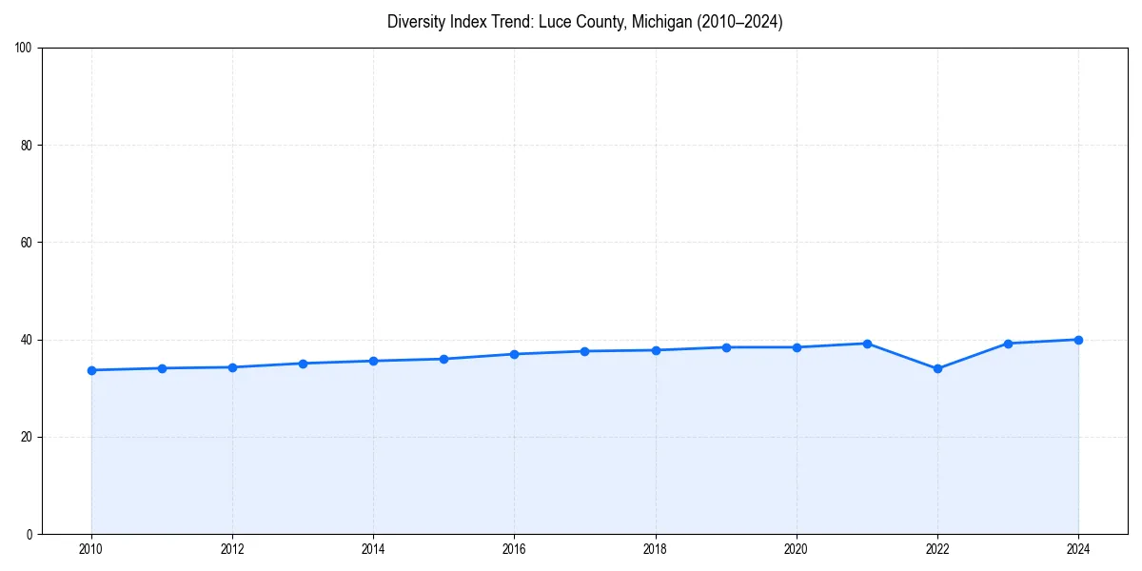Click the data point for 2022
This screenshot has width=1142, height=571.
tap(937, 368)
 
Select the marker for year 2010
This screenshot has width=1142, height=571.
tap(91, 370)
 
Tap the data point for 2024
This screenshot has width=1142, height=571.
tap(1078, 340)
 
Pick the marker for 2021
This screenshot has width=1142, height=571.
tap(867, 344)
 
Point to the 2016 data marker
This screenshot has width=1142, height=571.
tap(514, 354)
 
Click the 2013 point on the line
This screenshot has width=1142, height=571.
tap(303, 364)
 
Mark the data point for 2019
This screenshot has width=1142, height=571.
tap(726, 347)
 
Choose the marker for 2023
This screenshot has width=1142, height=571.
tap(1008, 344)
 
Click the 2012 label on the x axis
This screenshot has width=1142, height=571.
tap(232, 549)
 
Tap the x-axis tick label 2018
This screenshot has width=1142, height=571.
tap(655, 549)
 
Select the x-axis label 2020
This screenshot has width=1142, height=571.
tap(797, 549)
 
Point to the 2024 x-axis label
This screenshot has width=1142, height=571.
tap(1078, 549)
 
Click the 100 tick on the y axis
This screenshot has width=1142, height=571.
tap(25, 49)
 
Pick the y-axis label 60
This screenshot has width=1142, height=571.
tap(28, 243)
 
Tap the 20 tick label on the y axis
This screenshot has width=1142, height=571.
tap(28, 437)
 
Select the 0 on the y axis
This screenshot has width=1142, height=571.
tap(30, 534)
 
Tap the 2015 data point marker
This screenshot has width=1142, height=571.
tap(443, 359)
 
